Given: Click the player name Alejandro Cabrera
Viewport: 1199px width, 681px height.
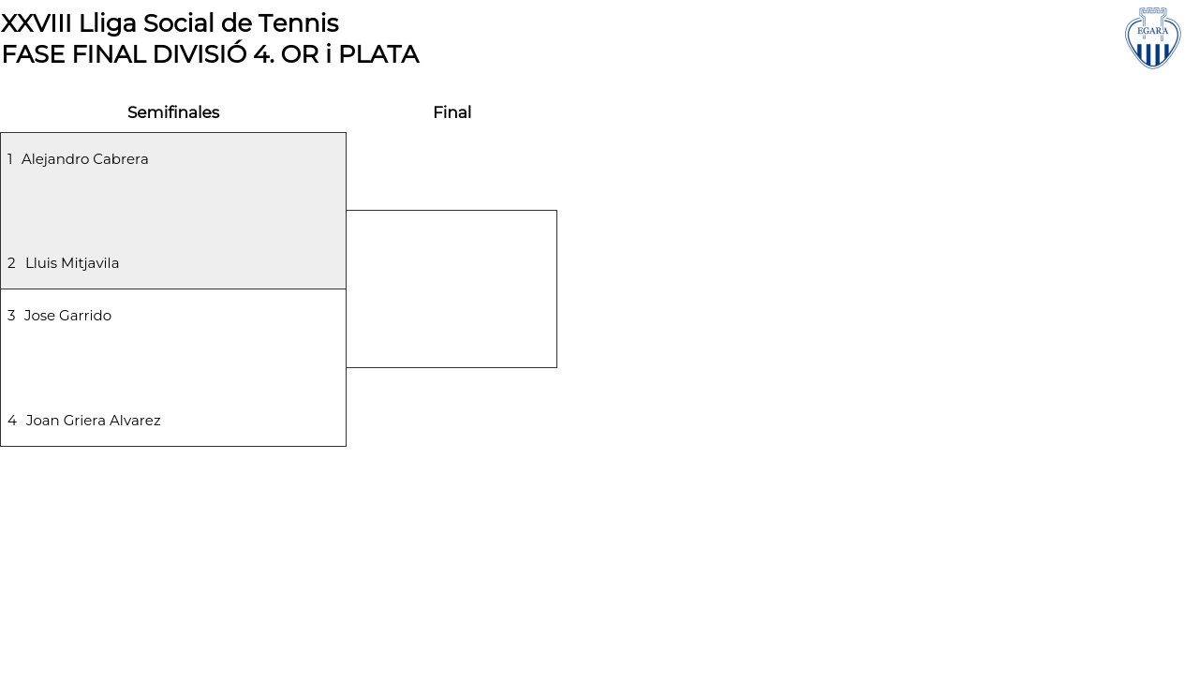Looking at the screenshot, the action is (x=84, y=159).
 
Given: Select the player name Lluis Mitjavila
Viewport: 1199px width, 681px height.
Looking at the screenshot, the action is (x=72, y=263).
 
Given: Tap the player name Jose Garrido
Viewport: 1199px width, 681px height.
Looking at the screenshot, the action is (x=68, y=316).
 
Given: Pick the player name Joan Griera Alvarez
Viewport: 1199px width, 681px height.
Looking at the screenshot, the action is (x=93, y=421).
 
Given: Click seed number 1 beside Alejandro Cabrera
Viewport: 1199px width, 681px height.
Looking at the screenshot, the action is (x=9, y=159).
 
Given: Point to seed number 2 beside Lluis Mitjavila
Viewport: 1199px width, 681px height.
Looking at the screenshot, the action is (x=11, y=263).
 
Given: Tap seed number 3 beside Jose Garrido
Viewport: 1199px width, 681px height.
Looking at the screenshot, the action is (x=11, y=316).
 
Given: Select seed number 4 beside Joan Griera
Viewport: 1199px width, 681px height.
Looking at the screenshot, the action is (x=12, y=421).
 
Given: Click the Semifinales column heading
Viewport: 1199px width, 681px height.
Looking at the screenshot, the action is (x=173, y=112).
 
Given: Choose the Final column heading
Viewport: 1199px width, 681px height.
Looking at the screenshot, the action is (x=452, y=112).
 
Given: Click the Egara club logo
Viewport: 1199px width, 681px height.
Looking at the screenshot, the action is (x=1152, y=37).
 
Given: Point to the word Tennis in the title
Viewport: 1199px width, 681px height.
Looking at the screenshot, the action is (x=299, y=23).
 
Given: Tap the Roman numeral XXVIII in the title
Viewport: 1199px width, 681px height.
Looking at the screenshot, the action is (x=37, y=23).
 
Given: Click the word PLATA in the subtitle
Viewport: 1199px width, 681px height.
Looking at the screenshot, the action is (x=379, y=54).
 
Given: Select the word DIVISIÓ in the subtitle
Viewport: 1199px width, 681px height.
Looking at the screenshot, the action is (x=200, y=53).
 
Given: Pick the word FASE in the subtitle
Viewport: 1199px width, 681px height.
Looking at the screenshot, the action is (x=34, y=54).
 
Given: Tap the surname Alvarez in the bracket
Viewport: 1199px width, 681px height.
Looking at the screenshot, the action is (x=135, y=421).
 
